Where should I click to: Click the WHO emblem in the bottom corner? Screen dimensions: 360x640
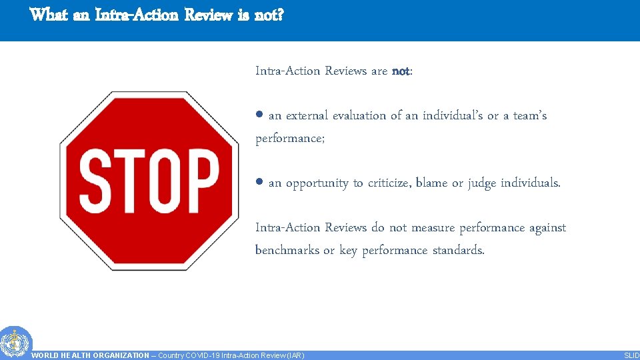pos(15,343)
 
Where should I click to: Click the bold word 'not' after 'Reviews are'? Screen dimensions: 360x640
pos(401,71)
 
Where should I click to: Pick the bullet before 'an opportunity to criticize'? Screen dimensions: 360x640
pos(260,182)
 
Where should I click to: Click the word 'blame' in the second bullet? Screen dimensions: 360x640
pos(431,183)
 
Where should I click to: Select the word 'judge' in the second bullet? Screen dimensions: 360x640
pos(482,183)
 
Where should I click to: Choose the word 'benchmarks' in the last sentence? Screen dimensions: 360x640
pos(287,250)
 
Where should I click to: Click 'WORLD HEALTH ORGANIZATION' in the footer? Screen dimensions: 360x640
pos(91,355)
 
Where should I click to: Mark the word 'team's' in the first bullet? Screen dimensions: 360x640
pos(530,115)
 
